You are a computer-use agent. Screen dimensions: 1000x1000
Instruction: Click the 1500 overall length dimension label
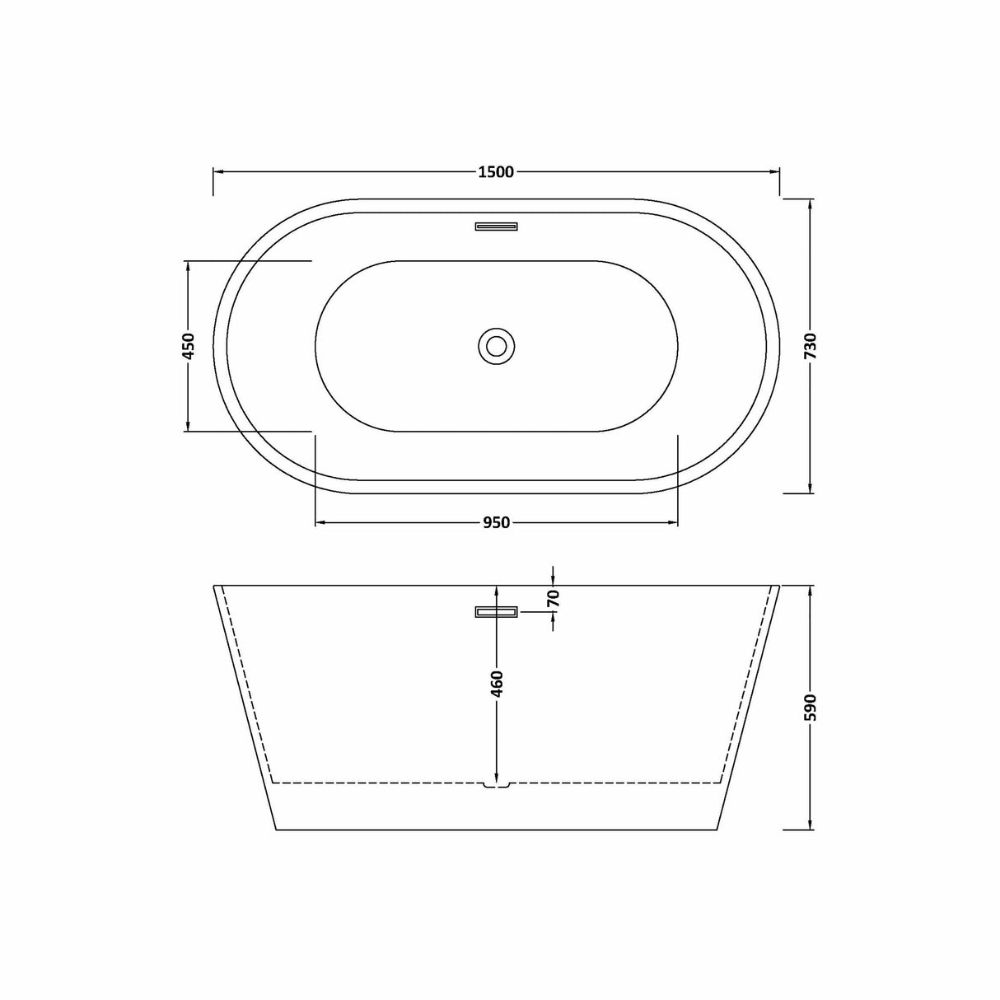[495, 172]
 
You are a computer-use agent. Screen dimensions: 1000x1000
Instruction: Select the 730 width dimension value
[811, 346]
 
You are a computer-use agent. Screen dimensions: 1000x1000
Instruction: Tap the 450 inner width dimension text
[188, 346]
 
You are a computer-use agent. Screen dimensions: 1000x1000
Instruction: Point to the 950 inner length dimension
[496, 522]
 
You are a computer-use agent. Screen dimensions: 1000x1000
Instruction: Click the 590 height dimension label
[811, 708]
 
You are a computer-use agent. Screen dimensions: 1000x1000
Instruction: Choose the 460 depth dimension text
[496, 684]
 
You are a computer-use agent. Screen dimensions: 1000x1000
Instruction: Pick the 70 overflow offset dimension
[553, 598]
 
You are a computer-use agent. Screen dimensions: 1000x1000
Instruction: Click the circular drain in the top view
[496, 345]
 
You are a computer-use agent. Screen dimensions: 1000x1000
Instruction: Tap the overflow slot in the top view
[496, 226]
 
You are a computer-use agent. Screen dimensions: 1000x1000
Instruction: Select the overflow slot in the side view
[496, 611]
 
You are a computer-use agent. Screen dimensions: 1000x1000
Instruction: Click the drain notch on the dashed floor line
[496, 785]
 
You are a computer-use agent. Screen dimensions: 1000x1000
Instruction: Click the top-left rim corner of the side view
[215, 586]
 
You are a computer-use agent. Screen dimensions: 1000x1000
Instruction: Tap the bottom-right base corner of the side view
[718, 829]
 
